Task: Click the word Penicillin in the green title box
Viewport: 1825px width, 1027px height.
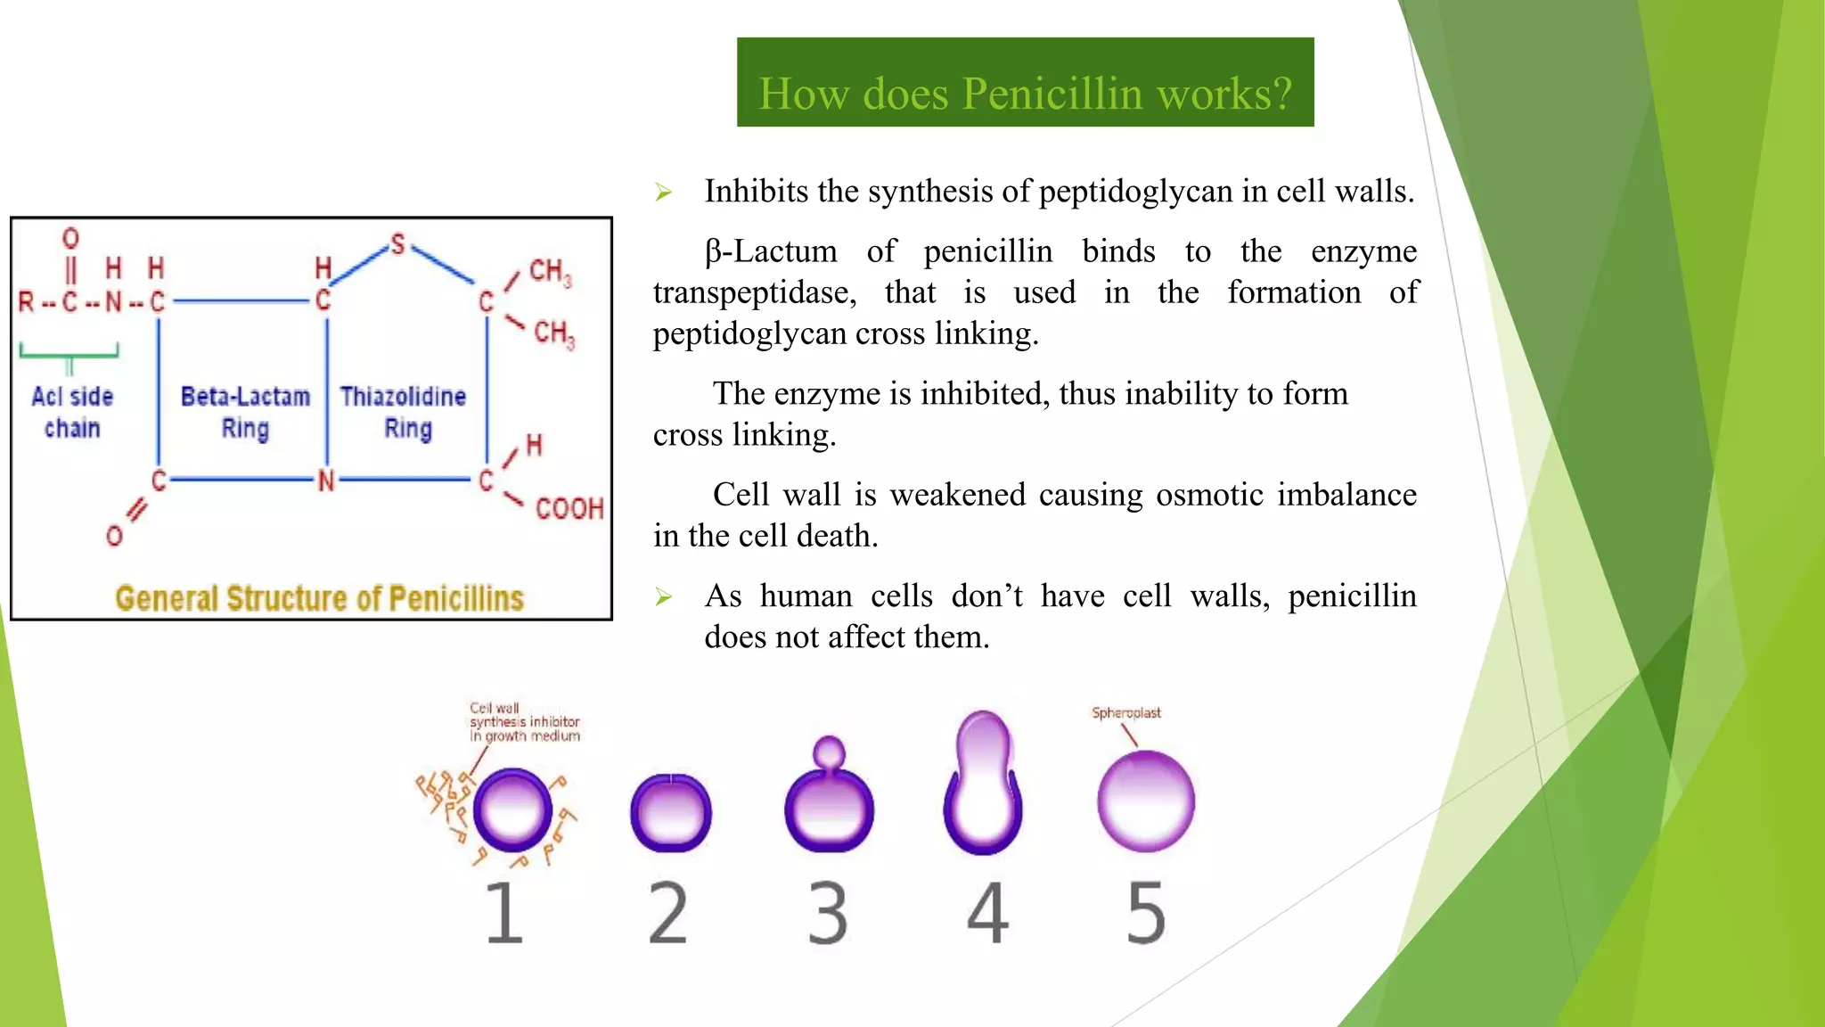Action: [1052, 94]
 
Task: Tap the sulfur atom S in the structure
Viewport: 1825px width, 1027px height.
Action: [397, 244]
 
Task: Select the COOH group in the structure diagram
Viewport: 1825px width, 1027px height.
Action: [569, 509]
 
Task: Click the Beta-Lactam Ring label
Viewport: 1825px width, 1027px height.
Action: [245, 412]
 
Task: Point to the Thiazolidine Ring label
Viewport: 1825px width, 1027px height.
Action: [404, 412]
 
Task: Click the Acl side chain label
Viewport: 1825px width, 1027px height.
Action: [72, 412]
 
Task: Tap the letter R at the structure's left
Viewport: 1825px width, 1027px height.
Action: [27, 303]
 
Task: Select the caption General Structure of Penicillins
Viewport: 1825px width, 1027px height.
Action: [319, 598]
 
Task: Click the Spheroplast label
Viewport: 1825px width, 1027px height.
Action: [1126, 712]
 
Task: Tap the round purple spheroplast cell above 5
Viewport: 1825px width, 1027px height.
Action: [1145, 801]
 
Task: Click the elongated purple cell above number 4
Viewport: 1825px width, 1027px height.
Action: [982, 785]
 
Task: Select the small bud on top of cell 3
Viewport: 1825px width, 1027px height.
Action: [829, 752]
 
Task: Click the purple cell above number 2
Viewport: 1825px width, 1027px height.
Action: [670, 812]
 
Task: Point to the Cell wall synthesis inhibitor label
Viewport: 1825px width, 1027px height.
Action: [524, 722]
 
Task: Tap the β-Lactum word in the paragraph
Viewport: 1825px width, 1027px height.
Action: [771, 251]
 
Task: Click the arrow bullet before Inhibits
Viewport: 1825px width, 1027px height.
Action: [663, 193]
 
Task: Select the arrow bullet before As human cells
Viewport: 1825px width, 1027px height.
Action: [663, 596]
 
